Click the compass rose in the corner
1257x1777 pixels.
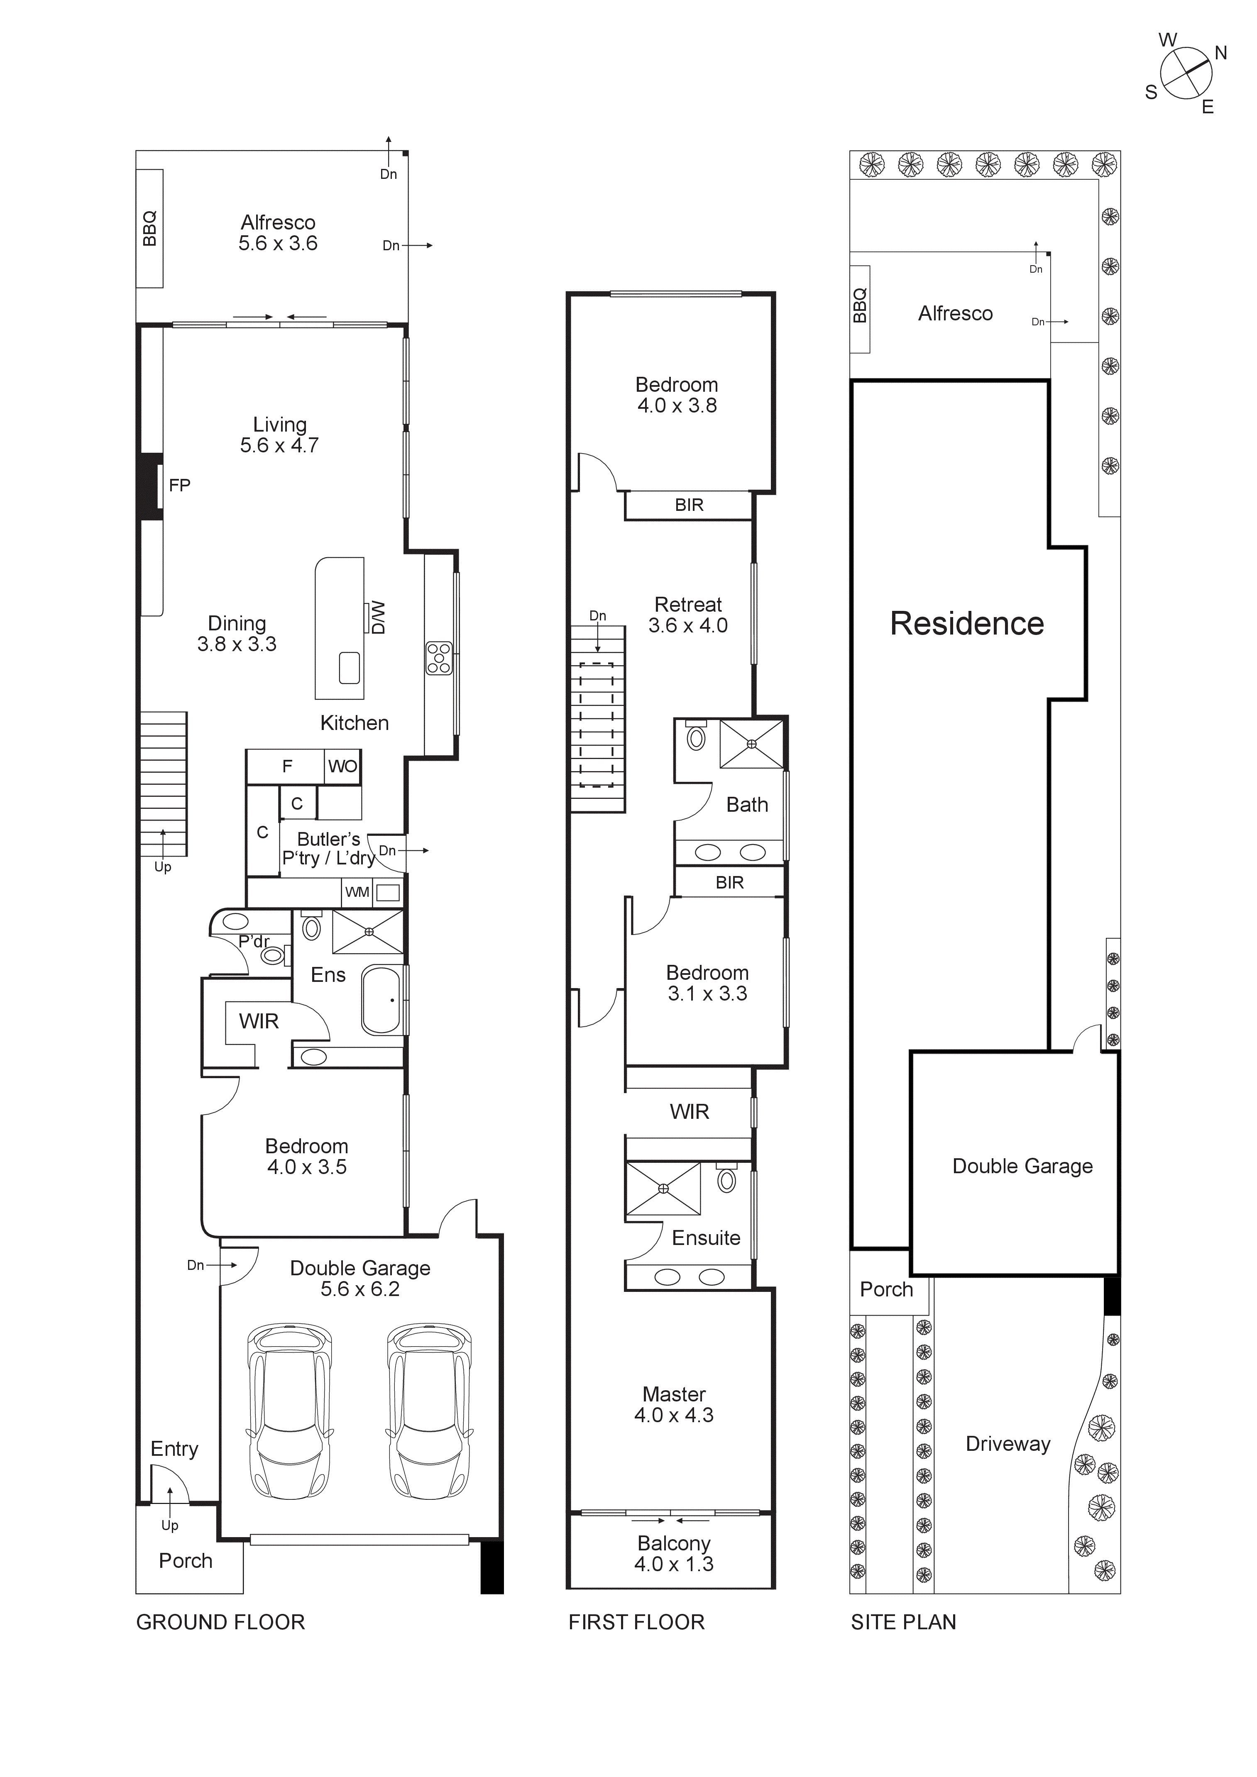click(x=1186, y=73)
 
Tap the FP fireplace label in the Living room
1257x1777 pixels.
click(x=180, y=485)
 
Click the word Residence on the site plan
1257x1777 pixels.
click(x=967, y=623)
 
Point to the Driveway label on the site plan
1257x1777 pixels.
click(x=1008, y=1443)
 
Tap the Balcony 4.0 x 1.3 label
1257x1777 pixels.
click(x=673, y=1553)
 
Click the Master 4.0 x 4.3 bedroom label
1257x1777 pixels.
click(x=673, y=1404)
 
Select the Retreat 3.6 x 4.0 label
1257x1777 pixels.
click(x=687, y=615)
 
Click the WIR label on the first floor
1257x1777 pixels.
click(x=689, y=1111)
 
